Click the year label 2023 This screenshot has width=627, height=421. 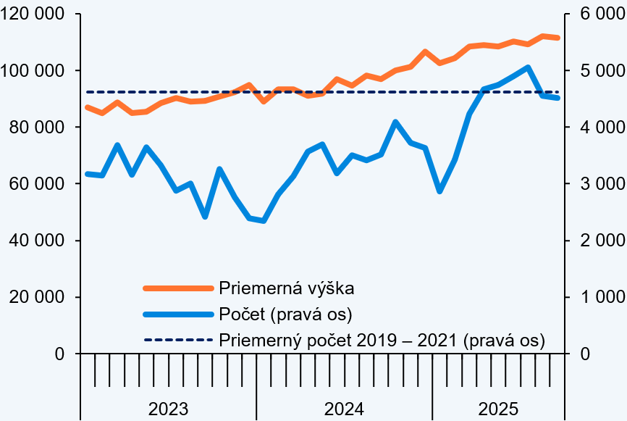coord(168,408)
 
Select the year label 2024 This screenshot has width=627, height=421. coord(344,408)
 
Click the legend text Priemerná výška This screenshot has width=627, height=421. coord(286,288)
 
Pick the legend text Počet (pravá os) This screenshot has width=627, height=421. coord(285,314)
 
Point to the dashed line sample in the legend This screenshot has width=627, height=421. coord(177,340)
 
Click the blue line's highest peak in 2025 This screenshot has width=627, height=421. coord(527,67)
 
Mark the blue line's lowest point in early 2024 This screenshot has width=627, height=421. coord(264,221)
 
